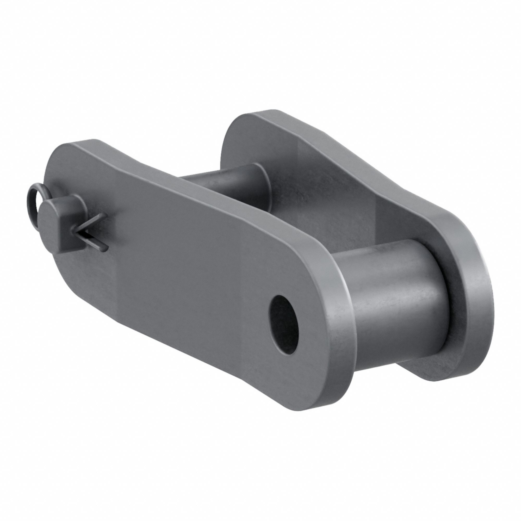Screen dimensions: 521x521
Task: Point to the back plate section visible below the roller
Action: [x=421, y=369]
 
